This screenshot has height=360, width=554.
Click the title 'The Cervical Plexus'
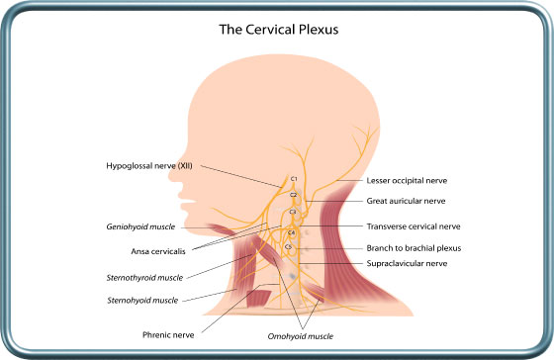click(277, 29)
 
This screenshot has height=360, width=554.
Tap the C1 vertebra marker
click(294, 178)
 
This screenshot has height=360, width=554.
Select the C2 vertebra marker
click(293, 195)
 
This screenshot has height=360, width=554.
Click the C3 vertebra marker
click(293, 213)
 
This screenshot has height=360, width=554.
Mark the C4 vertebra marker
click(291, 231)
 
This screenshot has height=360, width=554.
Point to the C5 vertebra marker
click(289, 246)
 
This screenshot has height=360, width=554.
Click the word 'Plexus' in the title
click(315, 29)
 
